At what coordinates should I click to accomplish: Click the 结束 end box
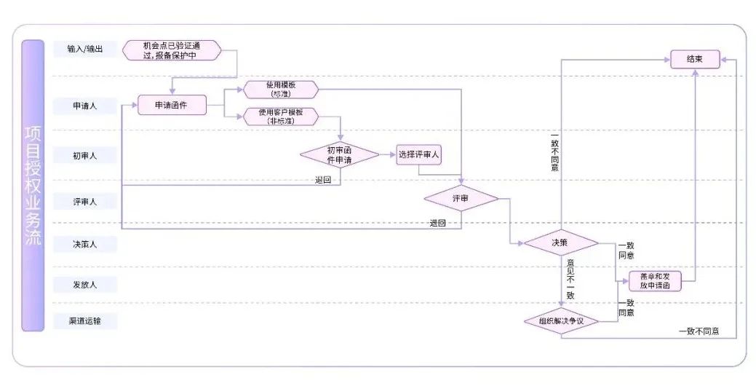(x=695, y=60)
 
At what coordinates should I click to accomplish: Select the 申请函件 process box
(x=172, y=106)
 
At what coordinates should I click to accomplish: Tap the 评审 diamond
(x=461, y=198)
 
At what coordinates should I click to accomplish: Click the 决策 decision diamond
(x=560, y=243)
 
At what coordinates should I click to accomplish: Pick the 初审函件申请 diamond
(x=340, y=154)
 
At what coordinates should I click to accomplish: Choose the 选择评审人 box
(x=420, y=155)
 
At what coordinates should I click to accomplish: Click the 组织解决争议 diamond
(x=560, y=320)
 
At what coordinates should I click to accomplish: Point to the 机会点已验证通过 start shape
(x=172, y=50)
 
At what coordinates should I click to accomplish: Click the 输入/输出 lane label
(x=84, y=49)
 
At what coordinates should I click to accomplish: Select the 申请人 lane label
(x=84, y=106)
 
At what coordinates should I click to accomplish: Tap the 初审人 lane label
(x=84, y=155)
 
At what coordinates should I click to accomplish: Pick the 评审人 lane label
(x=84, y=202)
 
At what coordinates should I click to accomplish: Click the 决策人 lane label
(x=84, y=244)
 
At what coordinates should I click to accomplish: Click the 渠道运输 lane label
(x=84, y=320)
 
